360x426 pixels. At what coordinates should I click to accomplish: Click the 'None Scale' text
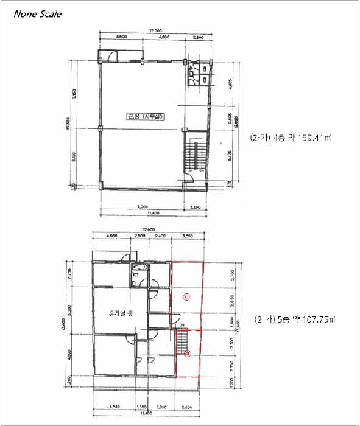tap(38, 12)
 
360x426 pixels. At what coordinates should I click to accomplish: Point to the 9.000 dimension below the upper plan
tap(144, 208)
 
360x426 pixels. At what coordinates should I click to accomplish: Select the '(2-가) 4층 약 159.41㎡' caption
tap(289, 138)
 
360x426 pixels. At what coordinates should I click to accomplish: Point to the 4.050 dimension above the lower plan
tap(111, 236)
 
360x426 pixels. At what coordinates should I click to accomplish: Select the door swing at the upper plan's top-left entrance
tap(112, 57)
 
